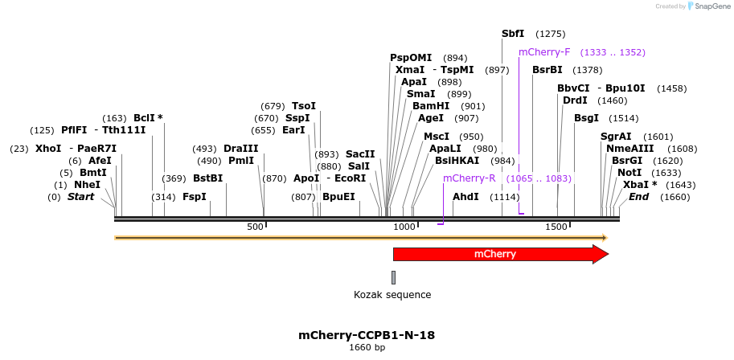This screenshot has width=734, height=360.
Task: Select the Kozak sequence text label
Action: point(392,295)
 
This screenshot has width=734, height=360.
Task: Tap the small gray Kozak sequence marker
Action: point(394,277)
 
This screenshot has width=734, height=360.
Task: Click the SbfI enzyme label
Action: point(513,34)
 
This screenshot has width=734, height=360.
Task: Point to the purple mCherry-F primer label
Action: point(544,52)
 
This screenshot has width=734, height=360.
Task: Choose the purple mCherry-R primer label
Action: point(469,178)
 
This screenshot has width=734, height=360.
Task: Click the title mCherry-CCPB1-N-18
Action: point(367,335)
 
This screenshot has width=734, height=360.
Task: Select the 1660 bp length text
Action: point(367,348)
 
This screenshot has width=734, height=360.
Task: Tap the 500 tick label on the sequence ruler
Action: point(256,227)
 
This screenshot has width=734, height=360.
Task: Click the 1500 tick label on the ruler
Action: point(557,227)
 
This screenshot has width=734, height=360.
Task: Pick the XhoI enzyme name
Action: point(48,149)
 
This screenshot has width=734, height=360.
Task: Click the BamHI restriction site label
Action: point(431,106)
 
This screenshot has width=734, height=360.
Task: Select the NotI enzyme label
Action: point(629,173)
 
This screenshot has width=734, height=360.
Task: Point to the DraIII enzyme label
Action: point(241,149)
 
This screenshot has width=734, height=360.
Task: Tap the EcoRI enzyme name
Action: point(350,178)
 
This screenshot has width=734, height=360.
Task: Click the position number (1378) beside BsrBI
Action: point(587,70)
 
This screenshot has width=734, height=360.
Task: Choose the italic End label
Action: point(638,197)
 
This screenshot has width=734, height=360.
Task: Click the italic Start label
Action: point(80,197)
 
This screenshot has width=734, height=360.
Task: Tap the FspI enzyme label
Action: point(194,197)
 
